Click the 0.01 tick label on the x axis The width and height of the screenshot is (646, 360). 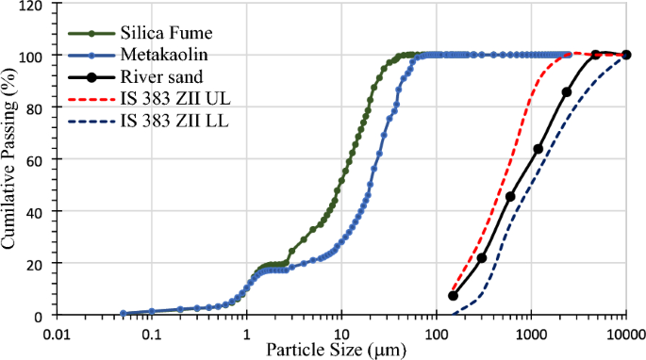[x=58, y=333]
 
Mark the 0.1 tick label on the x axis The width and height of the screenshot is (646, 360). [x=151, y=333]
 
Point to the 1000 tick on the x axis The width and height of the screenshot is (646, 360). [x=531, y=333]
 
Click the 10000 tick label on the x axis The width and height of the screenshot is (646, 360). [x=625, y=333]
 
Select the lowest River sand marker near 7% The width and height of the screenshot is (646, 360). [x=453, y=296]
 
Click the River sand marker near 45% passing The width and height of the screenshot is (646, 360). [x=510, y=197]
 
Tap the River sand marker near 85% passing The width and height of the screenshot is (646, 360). [x=567, y=92]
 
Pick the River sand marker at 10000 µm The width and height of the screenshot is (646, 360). [x=626, y=55]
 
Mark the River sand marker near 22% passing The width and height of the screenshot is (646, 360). [x=482, y=257]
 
